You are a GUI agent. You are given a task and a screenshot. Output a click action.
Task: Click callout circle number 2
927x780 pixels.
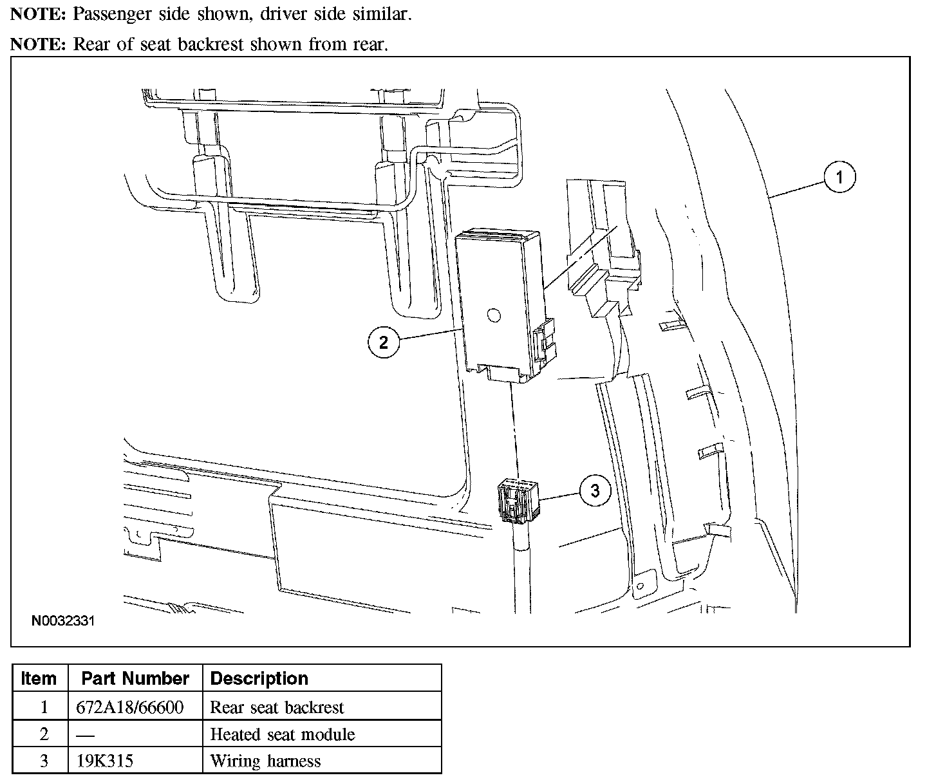pyautogui.click(x=384, y=342)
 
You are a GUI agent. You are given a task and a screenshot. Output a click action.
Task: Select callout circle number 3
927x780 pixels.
pyautogui.click(x=594, y=491)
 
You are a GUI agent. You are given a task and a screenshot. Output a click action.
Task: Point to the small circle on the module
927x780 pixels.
pyautogui.click(x=493, y=315)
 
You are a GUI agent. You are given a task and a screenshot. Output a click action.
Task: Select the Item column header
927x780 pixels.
pyautogui.click(x=39, y=678)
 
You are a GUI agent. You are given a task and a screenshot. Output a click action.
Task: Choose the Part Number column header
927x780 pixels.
pyautogui.click(x=135, y=678)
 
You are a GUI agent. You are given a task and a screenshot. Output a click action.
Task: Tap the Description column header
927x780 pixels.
pyautogui.click(x=259, y=678)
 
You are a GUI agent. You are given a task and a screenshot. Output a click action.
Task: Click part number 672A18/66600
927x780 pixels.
pyautogui.click(x=130, y=707)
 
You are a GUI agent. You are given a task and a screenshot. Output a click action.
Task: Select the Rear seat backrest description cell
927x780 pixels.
pyautogui.click(x=277, y=707)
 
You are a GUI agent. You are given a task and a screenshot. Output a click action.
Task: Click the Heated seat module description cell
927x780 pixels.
pyautogui.click(x=283, y=734)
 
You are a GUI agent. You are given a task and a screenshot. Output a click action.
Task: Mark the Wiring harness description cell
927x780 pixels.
pyautogui.click(x=265, y=761)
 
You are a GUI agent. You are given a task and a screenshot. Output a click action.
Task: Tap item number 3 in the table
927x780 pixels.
pyautogui.click(x=44, y=761)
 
